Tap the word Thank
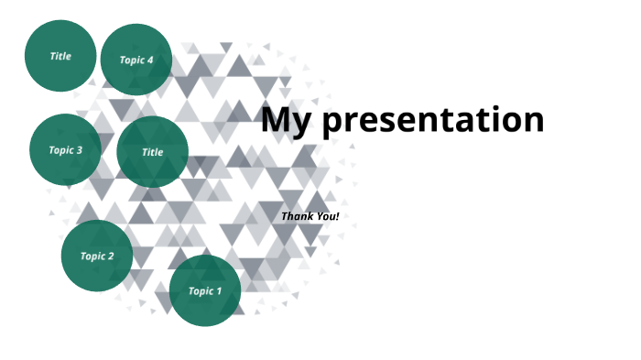pyautogui.click(x=297, y=216)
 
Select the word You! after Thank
pyautogui.click(x=328, y=216)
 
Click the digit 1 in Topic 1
pyautogui.click(x=218, y=291)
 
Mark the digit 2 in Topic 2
pyautogui.click(x=111, y=256)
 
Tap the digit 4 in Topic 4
pyautogui.click(x=150, y=60)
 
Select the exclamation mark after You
pyautogui.click(x=338, y=216)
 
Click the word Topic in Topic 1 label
pyautogui.click(x=201, y=291)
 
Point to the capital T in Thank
pyautogui.click(x=284, y=216)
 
